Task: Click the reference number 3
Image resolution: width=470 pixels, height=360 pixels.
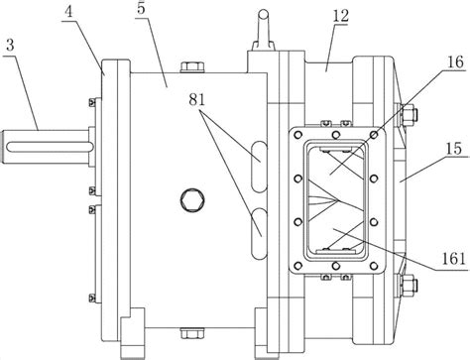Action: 10,46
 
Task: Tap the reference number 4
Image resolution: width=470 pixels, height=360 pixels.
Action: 68,12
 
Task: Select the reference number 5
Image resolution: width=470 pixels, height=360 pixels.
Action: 141,9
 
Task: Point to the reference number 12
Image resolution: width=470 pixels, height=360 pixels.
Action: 341,16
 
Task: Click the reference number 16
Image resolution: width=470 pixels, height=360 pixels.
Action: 455,62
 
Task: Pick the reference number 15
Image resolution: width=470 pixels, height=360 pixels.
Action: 455,149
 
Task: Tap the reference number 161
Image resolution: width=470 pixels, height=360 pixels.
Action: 454,259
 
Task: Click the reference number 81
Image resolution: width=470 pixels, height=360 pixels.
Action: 197,99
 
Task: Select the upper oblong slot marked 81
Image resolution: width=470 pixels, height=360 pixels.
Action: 259,166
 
